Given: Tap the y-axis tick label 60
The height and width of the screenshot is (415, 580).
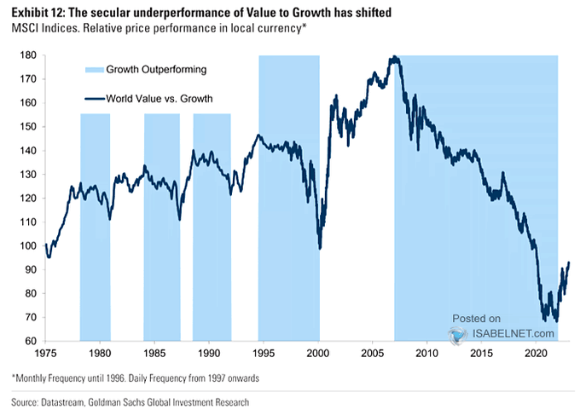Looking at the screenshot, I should click(x=30, y=341).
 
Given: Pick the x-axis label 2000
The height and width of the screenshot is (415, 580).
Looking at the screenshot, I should click(x=318, y=352).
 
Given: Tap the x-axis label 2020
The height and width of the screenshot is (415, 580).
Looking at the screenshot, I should click(x=536, y=352).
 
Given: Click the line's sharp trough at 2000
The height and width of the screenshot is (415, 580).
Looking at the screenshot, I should click(x=319, y=248).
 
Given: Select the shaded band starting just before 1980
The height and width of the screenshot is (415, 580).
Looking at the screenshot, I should click(x=95, y=222).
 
